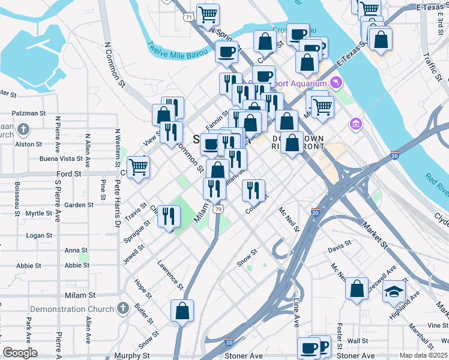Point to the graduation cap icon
(x=394, y=291)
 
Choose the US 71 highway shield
(x=189, y=17)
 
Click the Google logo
(x=20, y=353)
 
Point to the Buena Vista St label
(x=61, y=159)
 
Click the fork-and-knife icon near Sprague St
(x=169, y=215)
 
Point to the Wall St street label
(x=358, y=341)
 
